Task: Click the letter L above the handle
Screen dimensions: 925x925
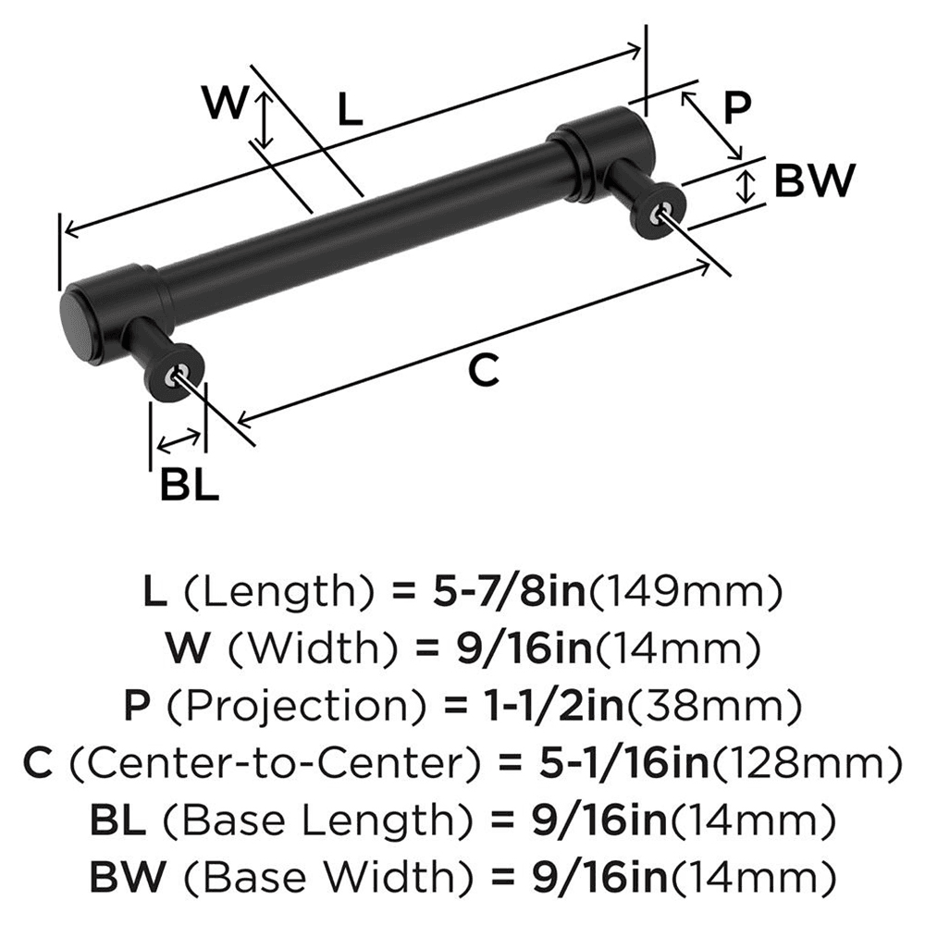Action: click(x=349, y=110)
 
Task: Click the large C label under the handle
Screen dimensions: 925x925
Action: click(x=483, y=370)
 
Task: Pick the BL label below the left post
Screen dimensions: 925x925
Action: click(x=190, y=484)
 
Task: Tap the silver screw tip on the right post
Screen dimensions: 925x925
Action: click(x=658, y=215)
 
